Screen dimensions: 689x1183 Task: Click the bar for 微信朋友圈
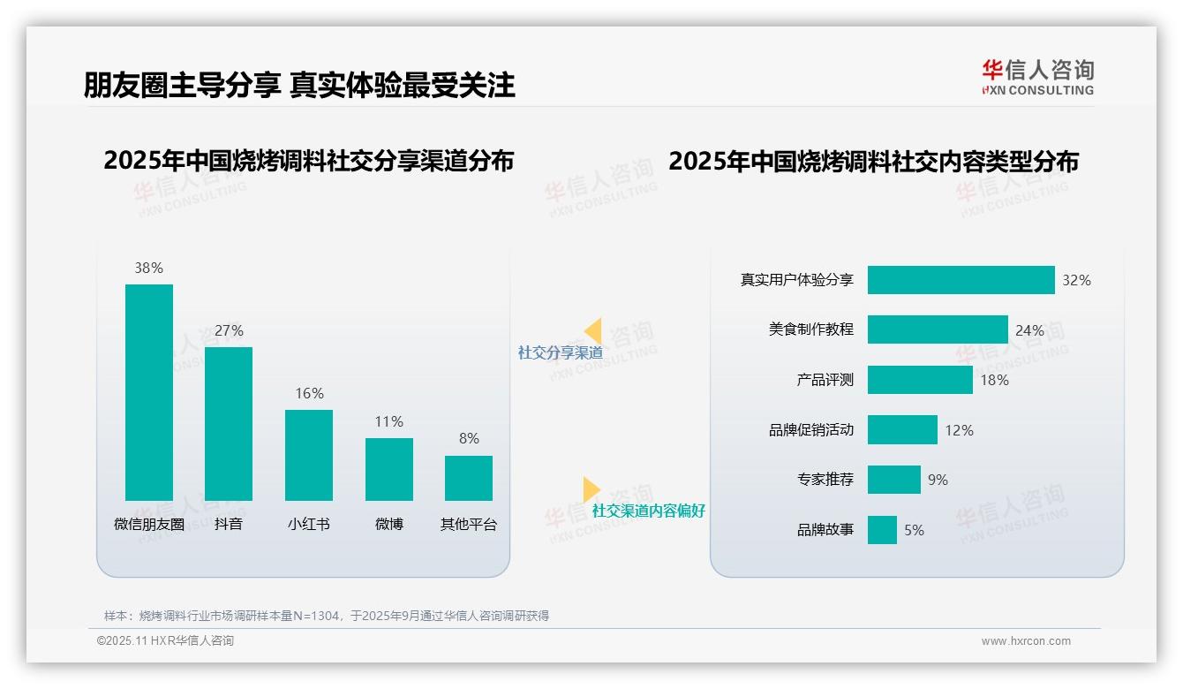click(x=149, y=392)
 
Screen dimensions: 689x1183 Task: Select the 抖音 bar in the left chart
click(x=229, y=424)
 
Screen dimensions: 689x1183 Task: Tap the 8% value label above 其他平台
click(x=469, y=438)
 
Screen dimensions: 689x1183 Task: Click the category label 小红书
click(x=308, y=524)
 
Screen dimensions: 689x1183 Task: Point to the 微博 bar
click(x=388, y=469)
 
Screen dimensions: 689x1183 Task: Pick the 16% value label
click(x=309, y=393)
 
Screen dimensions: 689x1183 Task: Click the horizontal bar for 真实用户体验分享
click(x=961, y=280)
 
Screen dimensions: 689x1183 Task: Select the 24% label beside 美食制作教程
click(x=1029, y=330)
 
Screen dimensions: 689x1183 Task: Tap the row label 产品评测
click(x=825, y=380)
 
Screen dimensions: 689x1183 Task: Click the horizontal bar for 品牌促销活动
click(x=902, y=430)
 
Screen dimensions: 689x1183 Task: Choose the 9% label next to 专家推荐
click(x=938, y=480)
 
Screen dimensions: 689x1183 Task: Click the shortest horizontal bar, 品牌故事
click(x=882, y=530)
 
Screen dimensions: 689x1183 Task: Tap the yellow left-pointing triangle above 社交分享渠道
click(x=593, y=331)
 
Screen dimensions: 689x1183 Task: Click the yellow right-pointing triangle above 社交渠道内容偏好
click(x=591, y=489)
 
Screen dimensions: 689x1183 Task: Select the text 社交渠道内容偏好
click(x=648, y=511)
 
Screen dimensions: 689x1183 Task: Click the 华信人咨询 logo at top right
click(x=1037, y=77)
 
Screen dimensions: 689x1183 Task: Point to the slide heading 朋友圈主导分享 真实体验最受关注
click(x=299, y=85)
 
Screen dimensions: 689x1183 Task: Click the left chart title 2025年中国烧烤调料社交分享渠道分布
click(x=308, y=161)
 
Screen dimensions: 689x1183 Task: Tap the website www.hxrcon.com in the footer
click(x=1025, y=641)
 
